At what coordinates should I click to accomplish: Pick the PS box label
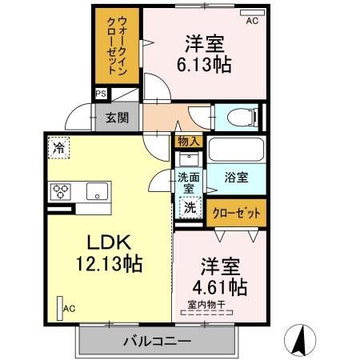[x=101, y=94]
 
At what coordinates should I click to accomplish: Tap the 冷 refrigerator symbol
[x=58, y=146]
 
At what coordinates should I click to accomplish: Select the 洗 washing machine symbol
[x=190, y=206]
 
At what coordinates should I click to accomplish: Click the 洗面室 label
[x=188, y=181]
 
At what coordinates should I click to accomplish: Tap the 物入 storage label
[x=190, y=141]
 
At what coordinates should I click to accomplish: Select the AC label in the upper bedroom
[x=252, y=22]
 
